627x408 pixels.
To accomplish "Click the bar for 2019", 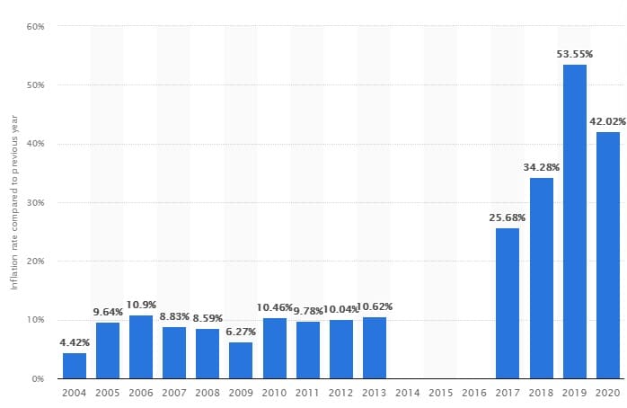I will point(575,221).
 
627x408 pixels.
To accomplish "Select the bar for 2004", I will point(75,366).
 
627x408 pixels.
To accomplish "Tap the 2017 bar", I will point(508,303).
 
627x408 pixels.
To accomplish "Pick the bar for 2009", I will point(241,360).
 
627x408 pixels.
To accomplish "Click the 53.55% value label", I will point(575,54).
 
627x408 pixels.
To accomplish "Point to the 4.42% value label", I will point(75,342).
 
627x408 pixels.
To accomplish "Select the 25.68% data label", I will point(508,217).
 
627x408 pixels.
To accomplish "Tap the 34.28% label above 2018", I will point(542,167).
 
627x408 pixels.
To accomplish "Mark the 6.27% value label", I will point(241,332).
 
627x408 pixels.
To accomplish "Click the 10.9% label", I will point(141,306).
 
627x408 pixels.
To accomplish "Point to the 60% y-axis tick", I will point(36,26).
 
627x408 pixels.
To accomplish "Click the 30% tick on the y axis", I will point(36,202).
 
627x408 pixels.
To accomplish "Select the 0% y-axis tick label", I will point(39,378).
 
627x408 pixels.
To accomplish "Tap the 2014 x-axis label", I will point(408,394).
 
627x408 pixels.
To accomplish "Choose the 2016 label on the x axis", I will point(474,394).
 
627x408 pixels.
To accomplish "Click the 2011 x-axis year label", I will point(308,394).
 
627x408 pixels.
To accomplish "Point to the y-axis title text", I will point(13,201).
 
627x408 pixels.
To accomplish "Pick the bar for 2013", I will point(375,348).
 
